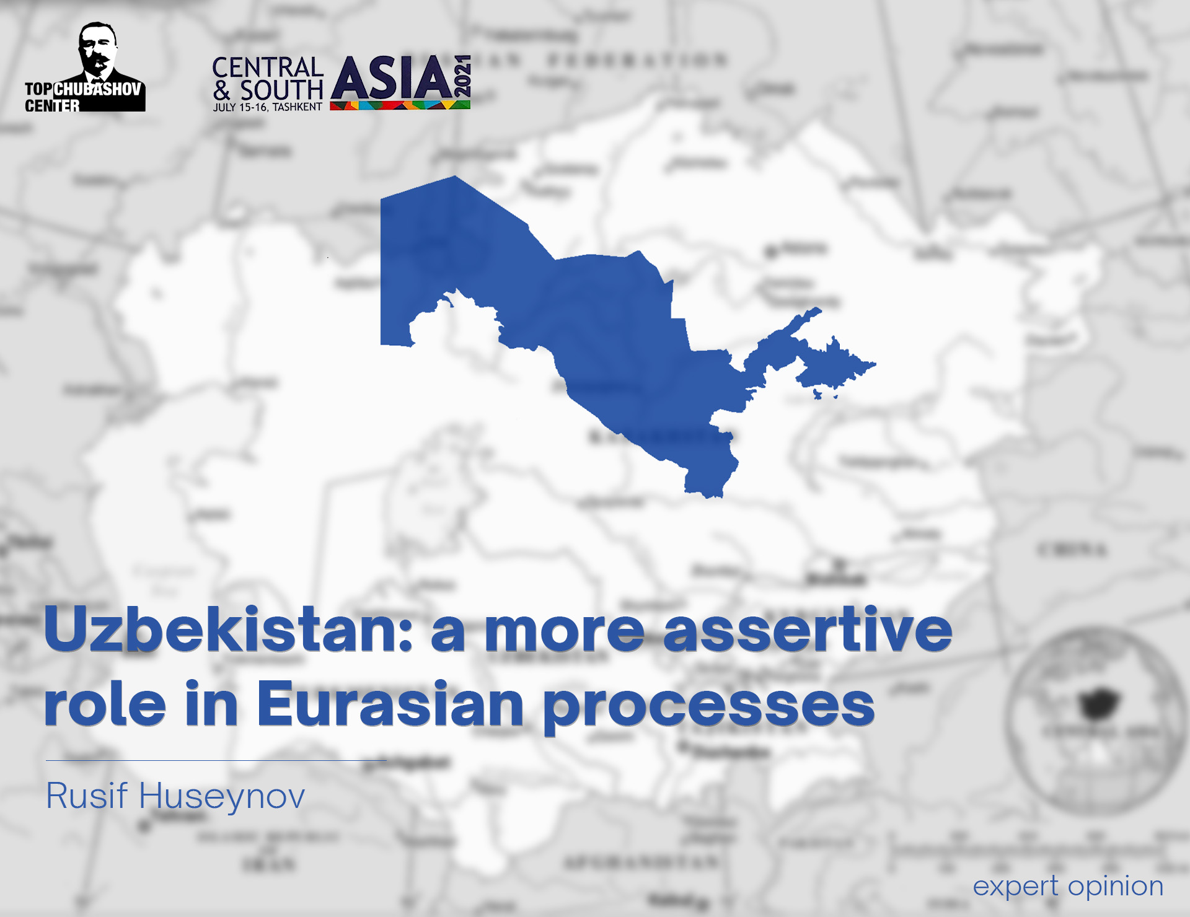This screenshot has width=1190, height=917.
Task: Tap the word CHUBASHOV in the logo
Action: point(98,89)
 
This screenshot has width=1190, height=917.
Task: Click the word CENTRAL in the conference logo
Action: point(268,68)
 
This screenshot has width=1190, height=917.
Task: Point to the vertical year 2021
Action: point(462,76)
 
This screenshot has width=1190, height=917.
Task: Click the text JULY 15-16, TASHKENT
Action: point(267,107)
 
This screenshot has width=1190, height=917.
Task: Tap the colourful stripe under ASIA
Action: point(400,106)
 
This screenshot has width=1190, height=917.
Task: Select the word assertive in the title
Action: point(807,630)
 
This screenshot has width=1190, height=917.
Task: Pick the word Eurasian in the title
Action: point(390,704)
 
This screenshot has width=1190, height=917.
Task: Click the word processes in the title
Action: point(709,706)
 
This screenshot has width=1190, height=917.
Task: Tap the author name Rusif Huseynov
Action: point(175,796)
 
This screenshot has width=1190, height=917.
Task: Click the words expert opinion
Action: point(1067,886)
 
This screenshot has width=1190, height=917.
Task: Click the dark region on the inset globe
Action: point(1098,704)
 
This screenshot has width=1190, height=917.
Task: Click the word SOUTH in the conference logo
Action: point(281,90)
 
